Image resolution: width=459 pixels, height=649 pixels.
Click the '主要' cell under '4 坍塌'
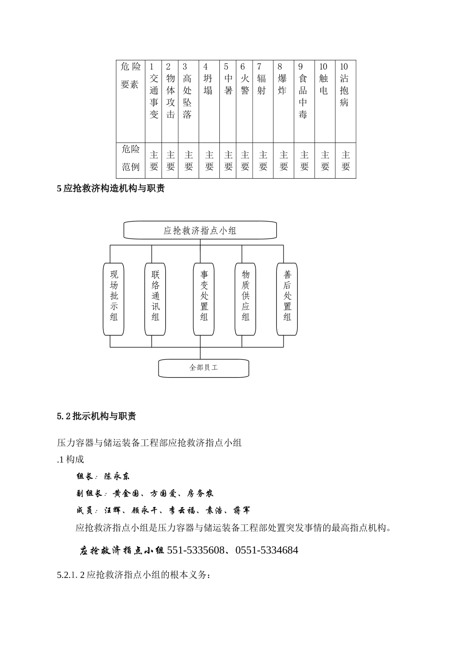pyautogui.click(x=209, y=161)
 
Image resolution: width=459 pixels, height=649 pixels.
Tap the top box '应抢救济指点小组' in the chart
pyautogui.click(x=200, y=230)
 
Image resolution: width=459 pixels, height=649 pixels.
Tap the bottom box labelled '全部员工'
pyautogui.click(x=203, y=367)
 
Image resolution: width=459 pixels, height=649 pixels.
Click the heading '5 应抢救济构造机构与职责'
pyautogui.click(x=111, y=189)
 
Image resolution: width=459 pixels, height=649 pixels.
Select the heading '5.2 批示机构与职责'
pyautogui.click(x=97, y=416)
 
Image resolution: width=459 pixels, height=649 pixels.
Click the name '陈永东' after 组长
pyautogui.click(x=117, y=476)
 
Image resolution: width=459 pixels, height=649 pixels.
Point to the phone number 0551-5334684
pyautogui.click(x=267, y=550)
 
